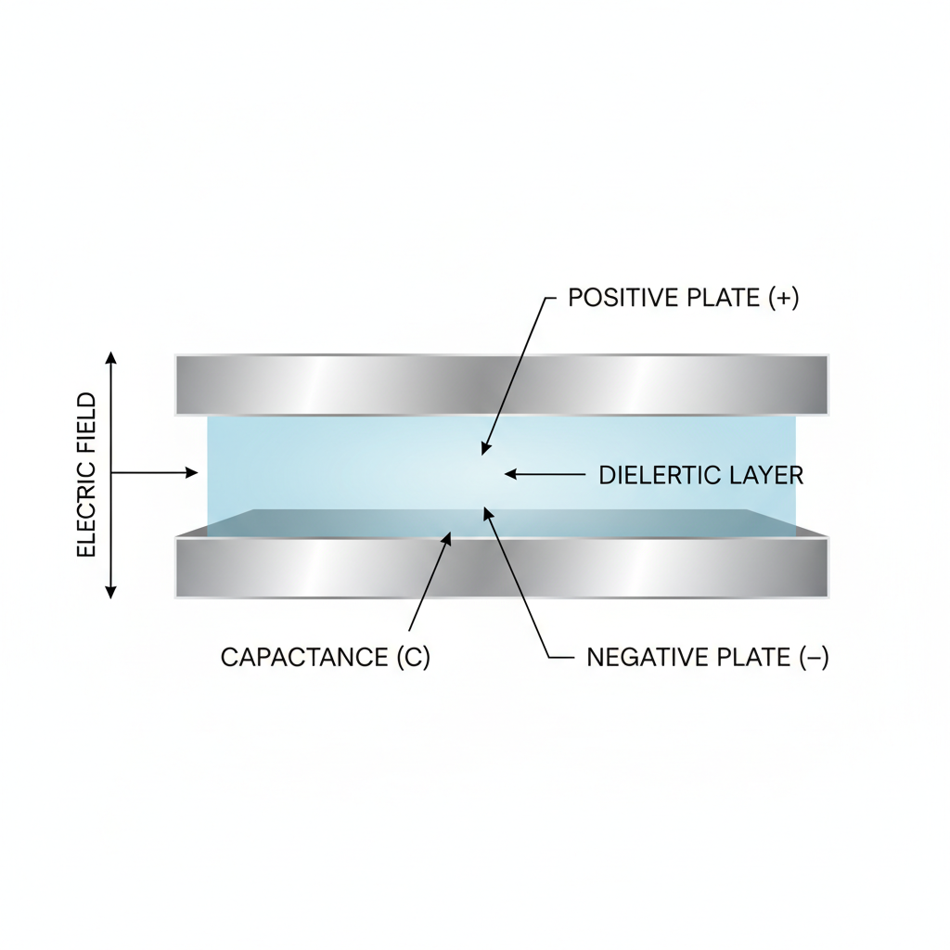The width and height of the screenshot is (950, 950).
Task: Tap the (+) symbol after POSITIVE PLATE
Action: [783, 298]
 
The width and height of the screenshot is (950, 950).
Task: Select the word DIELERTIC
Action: [660, 476]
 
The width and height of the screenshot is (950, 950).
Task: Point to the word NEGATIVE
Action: [644, 658]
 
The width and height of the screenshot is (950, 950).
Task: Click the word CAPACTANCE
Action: [304, 658]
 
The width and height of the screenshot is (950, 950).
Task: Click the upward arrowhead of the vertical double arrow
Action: [110, 358]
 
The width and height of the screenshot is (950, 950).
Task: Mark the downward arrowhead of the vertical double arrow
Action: [110, 592]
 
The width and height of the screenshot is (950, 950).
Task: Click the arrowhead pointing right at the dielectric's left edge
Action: [192, 473]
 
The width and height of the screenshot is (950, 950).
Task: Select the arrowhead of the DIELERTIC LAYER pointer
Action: [510, 474]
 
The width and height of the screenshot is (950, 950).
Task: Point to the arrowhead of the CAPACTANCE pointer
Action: [449, 537]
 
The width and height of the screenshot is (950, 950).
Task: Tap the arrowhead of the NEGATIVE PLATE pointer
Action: [485, 512]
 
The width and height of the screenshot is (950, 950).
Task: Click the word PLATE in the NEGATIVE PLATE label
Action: [752, 658]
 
